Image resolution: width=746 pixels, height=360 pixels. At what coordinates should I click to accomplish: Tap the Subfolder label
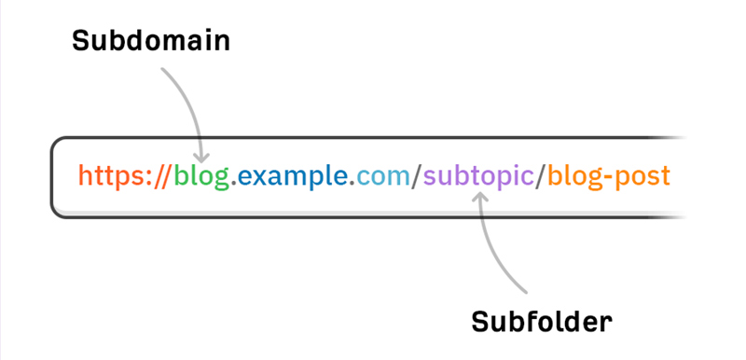(541, 322)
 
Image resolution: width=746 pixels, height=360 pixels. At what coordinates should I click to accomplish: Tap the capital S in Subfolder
(479, 322)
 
